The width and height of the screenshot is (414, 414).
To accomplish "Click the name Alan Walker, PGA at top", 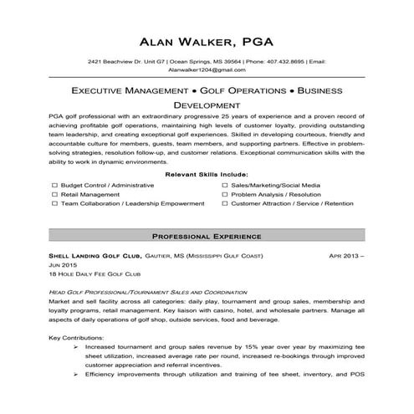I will pyautogui.click(x=207, y=39).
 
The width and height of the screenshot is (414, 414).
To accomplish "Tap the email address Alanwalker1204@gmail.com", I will pyautogui.click(x=207, y=72).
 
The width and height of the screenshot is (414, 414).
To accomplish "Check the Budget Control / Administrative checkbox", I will pyautogui.click(x=54, y=183).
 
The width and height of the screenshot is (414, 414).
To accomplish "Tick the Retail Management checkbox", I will pyautogui.click(x=54, y=193).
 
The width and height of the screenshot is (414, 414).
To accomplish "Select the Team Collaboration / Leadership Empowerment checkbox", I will pyautogui.click(x=54, y=203).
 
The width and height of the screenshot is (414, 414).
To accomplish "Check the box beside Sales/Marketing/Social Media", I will pyautogui.click(x=226, y=183).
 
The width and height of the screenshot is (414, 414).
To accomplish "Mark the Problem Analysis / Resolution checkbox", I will pyautogui.click(x=226, y=193).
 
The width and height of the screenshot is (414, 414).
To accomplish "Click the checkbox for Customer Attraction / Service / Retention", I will pyautogui.click(x=226, y=203).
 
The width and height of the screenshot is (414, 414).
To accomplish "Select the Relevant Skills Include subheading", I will pyautogui.click(x=207, y=173).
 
